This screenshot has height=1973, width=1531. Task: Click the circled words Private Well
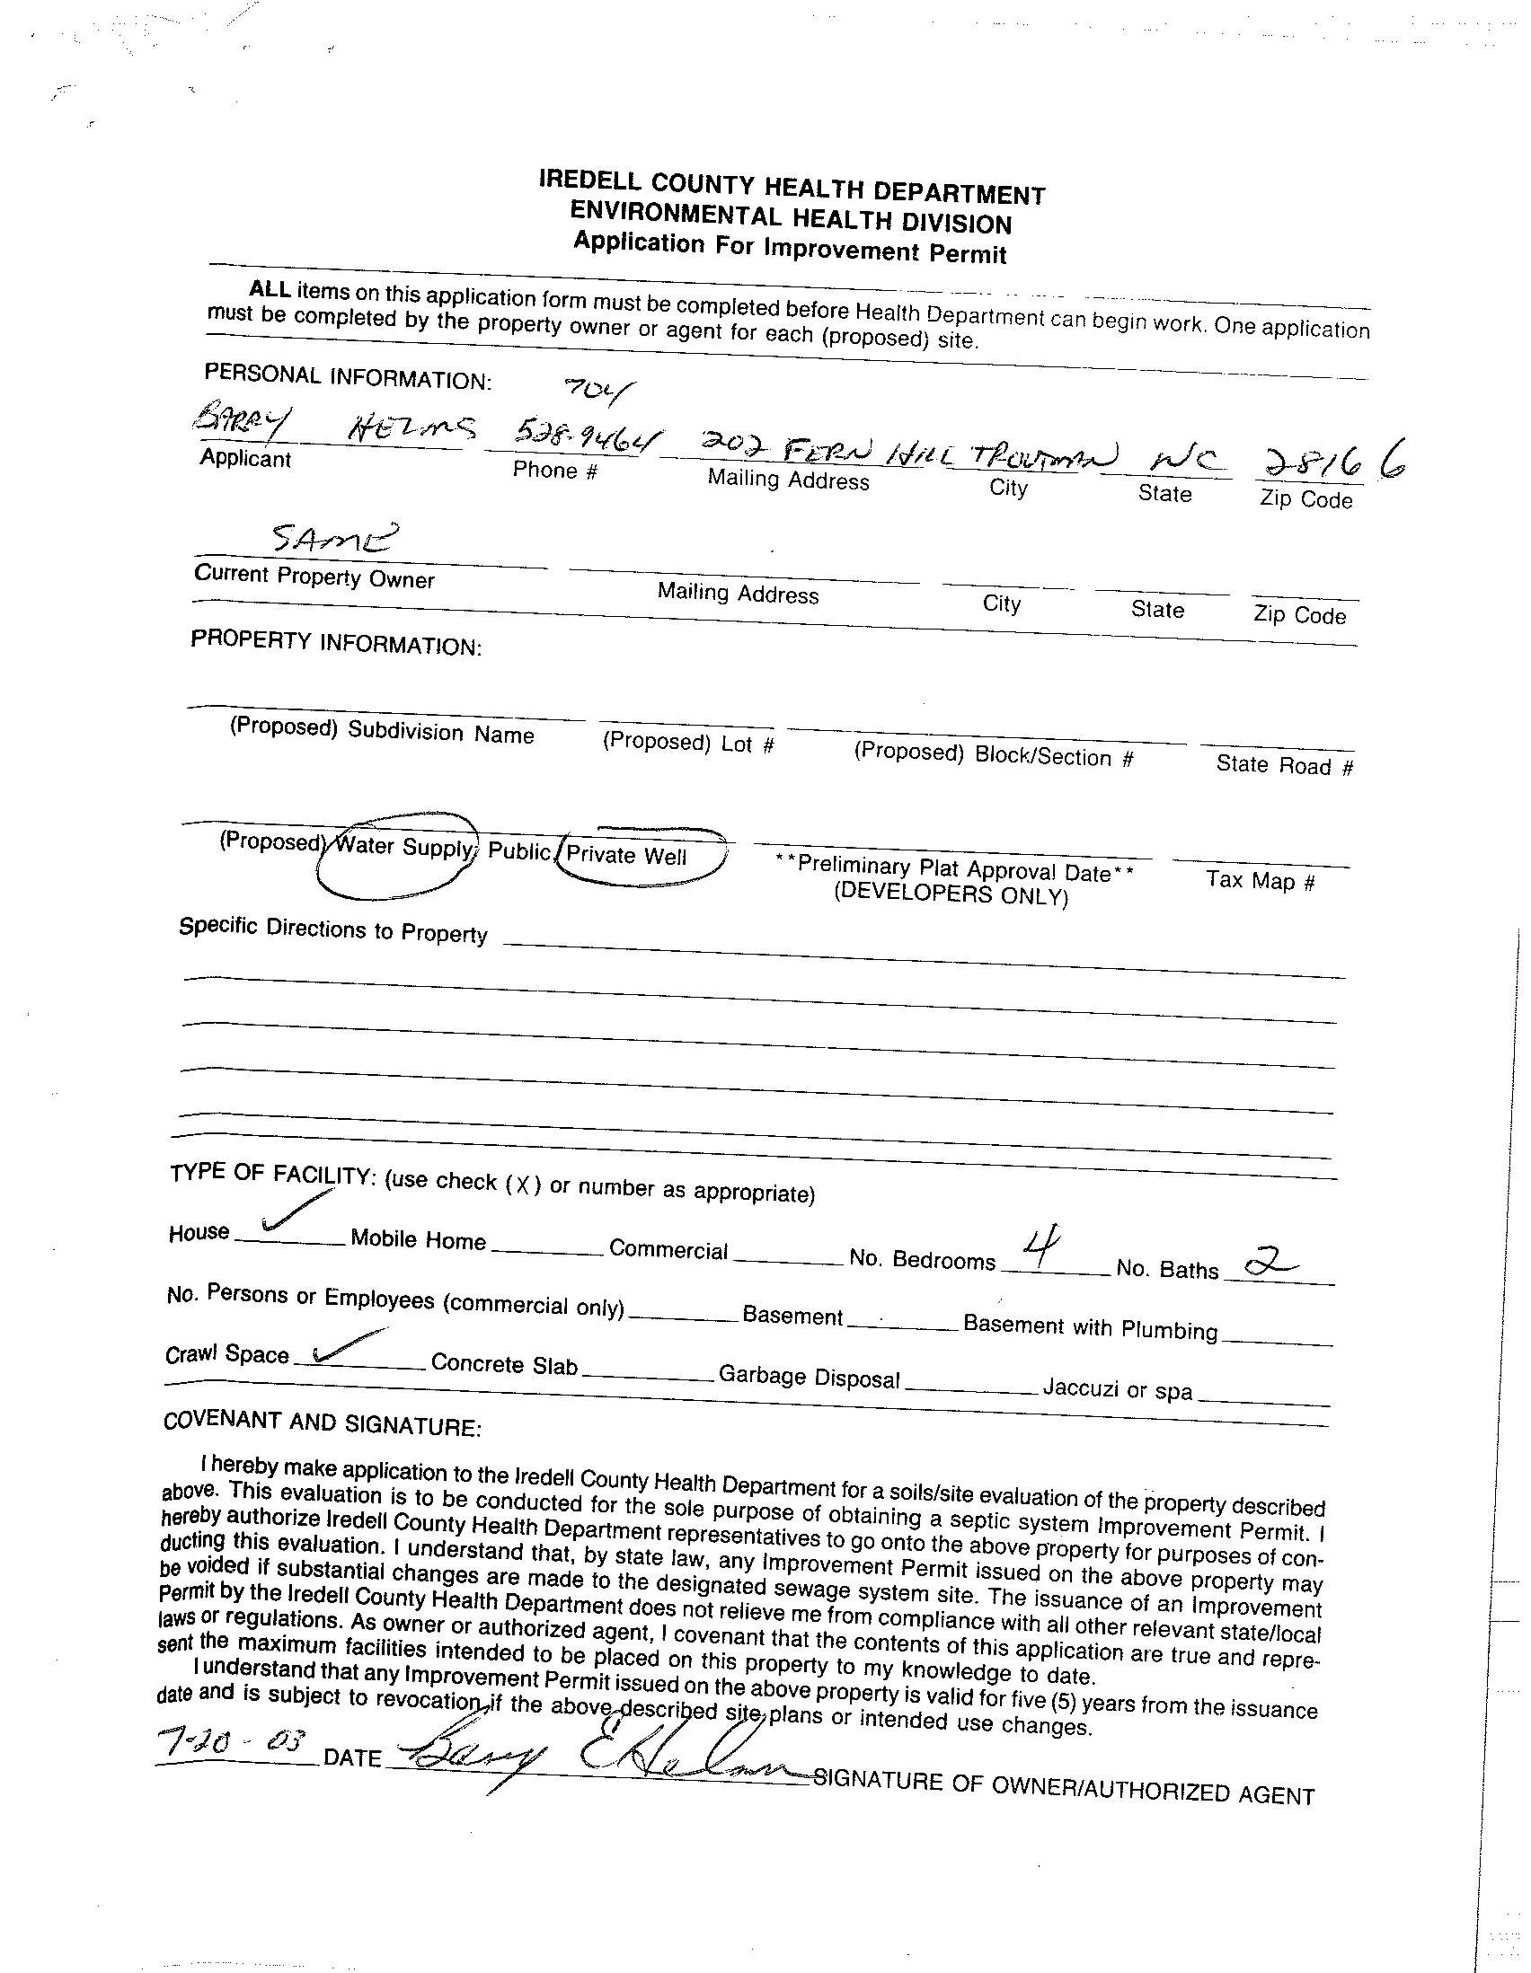coord(626,856)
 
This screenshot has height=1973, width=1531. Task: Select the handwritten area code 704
coord(598,391)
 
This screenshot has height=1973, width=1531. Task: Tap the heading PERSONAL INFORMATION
coord(348,376)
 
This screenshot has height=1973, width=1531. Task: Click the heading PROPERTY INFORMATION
coord(335,642)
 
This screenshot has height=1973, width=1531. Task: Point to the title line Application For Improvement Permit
coord(789,247)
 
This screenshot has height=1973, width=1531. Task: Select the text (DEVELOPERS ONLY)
coord(950,894)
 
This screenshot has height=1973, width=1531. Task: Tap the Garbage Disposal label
coord(809,1377)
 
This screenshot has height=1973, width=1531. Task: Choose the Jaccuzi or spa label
coord(1117,1388)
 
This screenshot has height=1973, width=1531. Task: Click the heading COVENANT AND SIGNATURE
coord(322,1422)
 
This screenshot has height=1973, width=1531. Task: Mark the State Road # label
coord(1283,765)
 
